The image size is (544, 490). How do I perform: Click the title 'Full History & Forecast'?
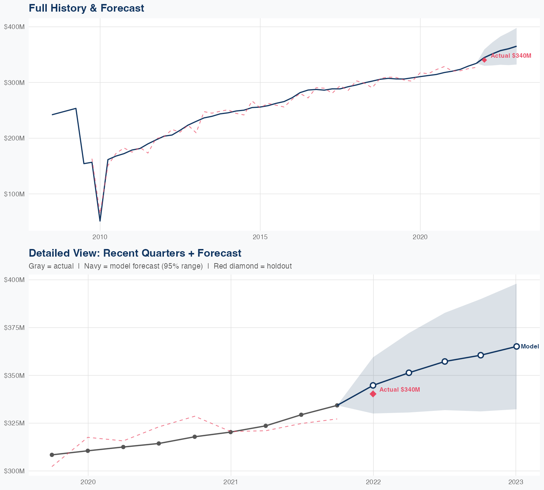pos(86,8)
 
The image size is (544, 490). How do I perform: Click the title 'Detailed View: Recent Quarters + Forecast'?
pos(135,253)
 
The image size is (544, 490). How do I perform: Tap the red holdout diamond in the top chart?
pos(484,60)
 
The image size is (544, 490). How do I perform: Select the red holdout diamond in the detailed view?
pos(373,394)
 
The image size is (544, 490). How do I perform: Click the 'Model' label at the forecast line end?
pos(529,347)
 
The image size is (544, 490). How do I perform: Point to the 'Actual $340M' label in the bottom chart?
pos(400,389)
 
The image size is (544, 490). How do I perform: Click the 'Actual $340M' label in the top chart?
pos(511,56)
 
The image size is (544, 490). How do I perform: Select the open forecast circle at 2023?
pos(516,346)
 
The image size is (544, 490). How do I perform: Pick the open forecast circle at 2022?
pos(373,385)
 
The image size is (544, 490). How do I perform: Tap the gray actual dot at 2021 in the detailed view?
pos(231,432)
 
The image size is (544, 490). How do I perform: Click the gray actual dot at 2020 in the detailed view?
pos(88,451)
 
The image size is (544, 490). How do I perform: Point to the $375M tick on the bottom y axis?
pos(14,327)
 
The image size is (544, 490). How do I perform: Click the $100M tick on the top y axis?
pos(14,194)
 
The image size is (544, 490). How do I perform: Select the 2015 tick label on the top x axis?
pos(260,237)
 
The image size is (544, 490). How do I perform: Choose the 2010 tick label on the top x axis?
pos(100,237)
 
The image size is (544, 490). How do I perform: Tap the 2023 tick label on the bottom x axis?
pos(516,482)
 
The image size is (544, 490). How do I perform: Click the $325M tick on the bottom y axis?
pos(14,423)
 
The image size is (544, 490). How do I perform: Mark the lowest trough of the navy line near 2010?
pos(100,221)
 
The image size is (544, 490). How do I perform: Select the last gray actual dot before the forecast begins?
pos(337,405)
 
